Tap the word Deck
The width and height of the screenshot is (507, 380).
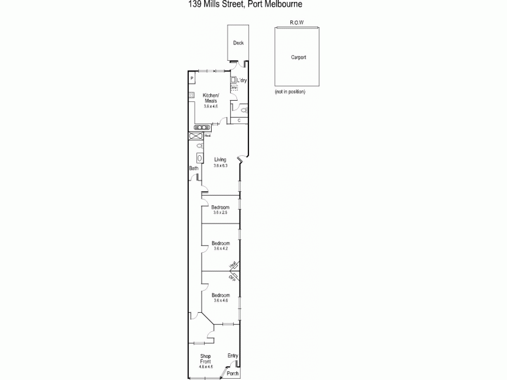coord(238,44)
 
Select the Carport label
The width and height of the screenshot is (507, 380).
coord(298,57)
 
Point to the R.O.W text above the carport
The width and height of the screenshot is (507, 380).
coord(297,22)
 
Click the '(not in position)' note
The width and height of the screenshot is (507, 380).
coord(290,92)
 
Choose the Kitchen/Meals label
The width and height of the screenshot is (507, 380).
coord(211,98)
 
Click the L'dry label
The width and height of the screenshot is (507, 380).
coord(241,80)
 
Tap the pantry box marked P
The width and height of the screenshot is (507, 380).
coord(192,78)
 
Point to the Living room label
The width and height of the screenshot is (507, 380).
coord(220,160)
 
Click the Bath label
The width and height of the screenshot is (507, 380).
coord(194,168)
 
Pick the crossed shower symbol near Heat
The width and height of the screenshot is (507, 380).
coord(195,137)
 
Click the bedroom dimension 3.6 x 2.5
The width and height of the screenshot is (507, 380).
coord(220,213)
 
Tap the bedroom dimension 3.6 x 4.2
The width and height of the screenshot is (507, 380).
coord(220,249)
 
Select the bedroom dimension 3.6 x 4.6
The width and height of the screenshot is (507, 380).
coord(221,300)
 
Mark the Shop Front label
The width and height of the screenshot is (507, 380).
coord(205,358)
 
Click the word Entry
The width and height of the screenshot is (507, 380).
coord(233,356)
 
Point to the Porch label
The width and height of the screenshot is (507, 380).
coord(234,374)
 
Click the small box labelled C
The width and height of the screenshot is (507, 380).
coord(239,120)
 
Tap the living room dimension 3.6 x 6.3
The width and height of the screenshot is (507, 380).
coord(220,165)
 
